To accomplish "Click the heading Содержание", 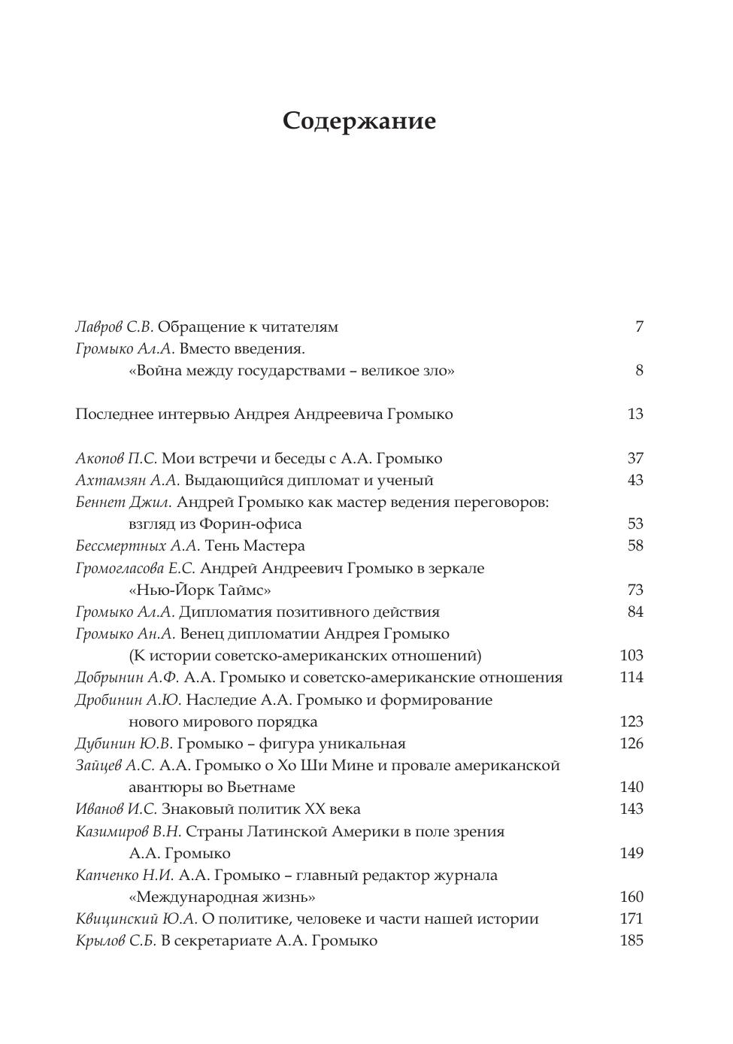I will pos(359,121).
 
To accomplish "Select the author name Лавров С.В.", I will pos(114,327).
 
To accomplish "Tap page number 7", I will pos(639,327).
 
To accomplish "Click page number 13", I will pos(635,414).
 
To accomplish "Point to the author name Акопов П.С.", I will pos(117,459).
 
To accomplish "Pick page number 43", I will pos(635,481).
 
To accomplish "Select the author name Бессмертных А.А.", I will pos(138,546).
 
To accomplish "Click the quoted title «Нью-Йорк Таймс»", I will pos(200,590).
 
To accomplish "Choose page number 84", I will pos(635,612).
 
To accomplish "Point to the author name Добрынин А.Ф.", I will pos(126,678).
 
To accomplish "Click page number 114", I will pos(632,678).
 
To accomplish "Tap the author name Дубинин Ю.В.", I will pos(124,744).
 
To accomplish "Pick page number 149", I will pos(632,854).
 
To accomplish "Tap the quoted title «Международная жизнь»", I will pos(223,897).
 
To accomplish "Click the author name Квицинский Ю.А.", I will pos(136,919).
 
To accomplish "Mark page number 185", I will pos(632,941).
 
